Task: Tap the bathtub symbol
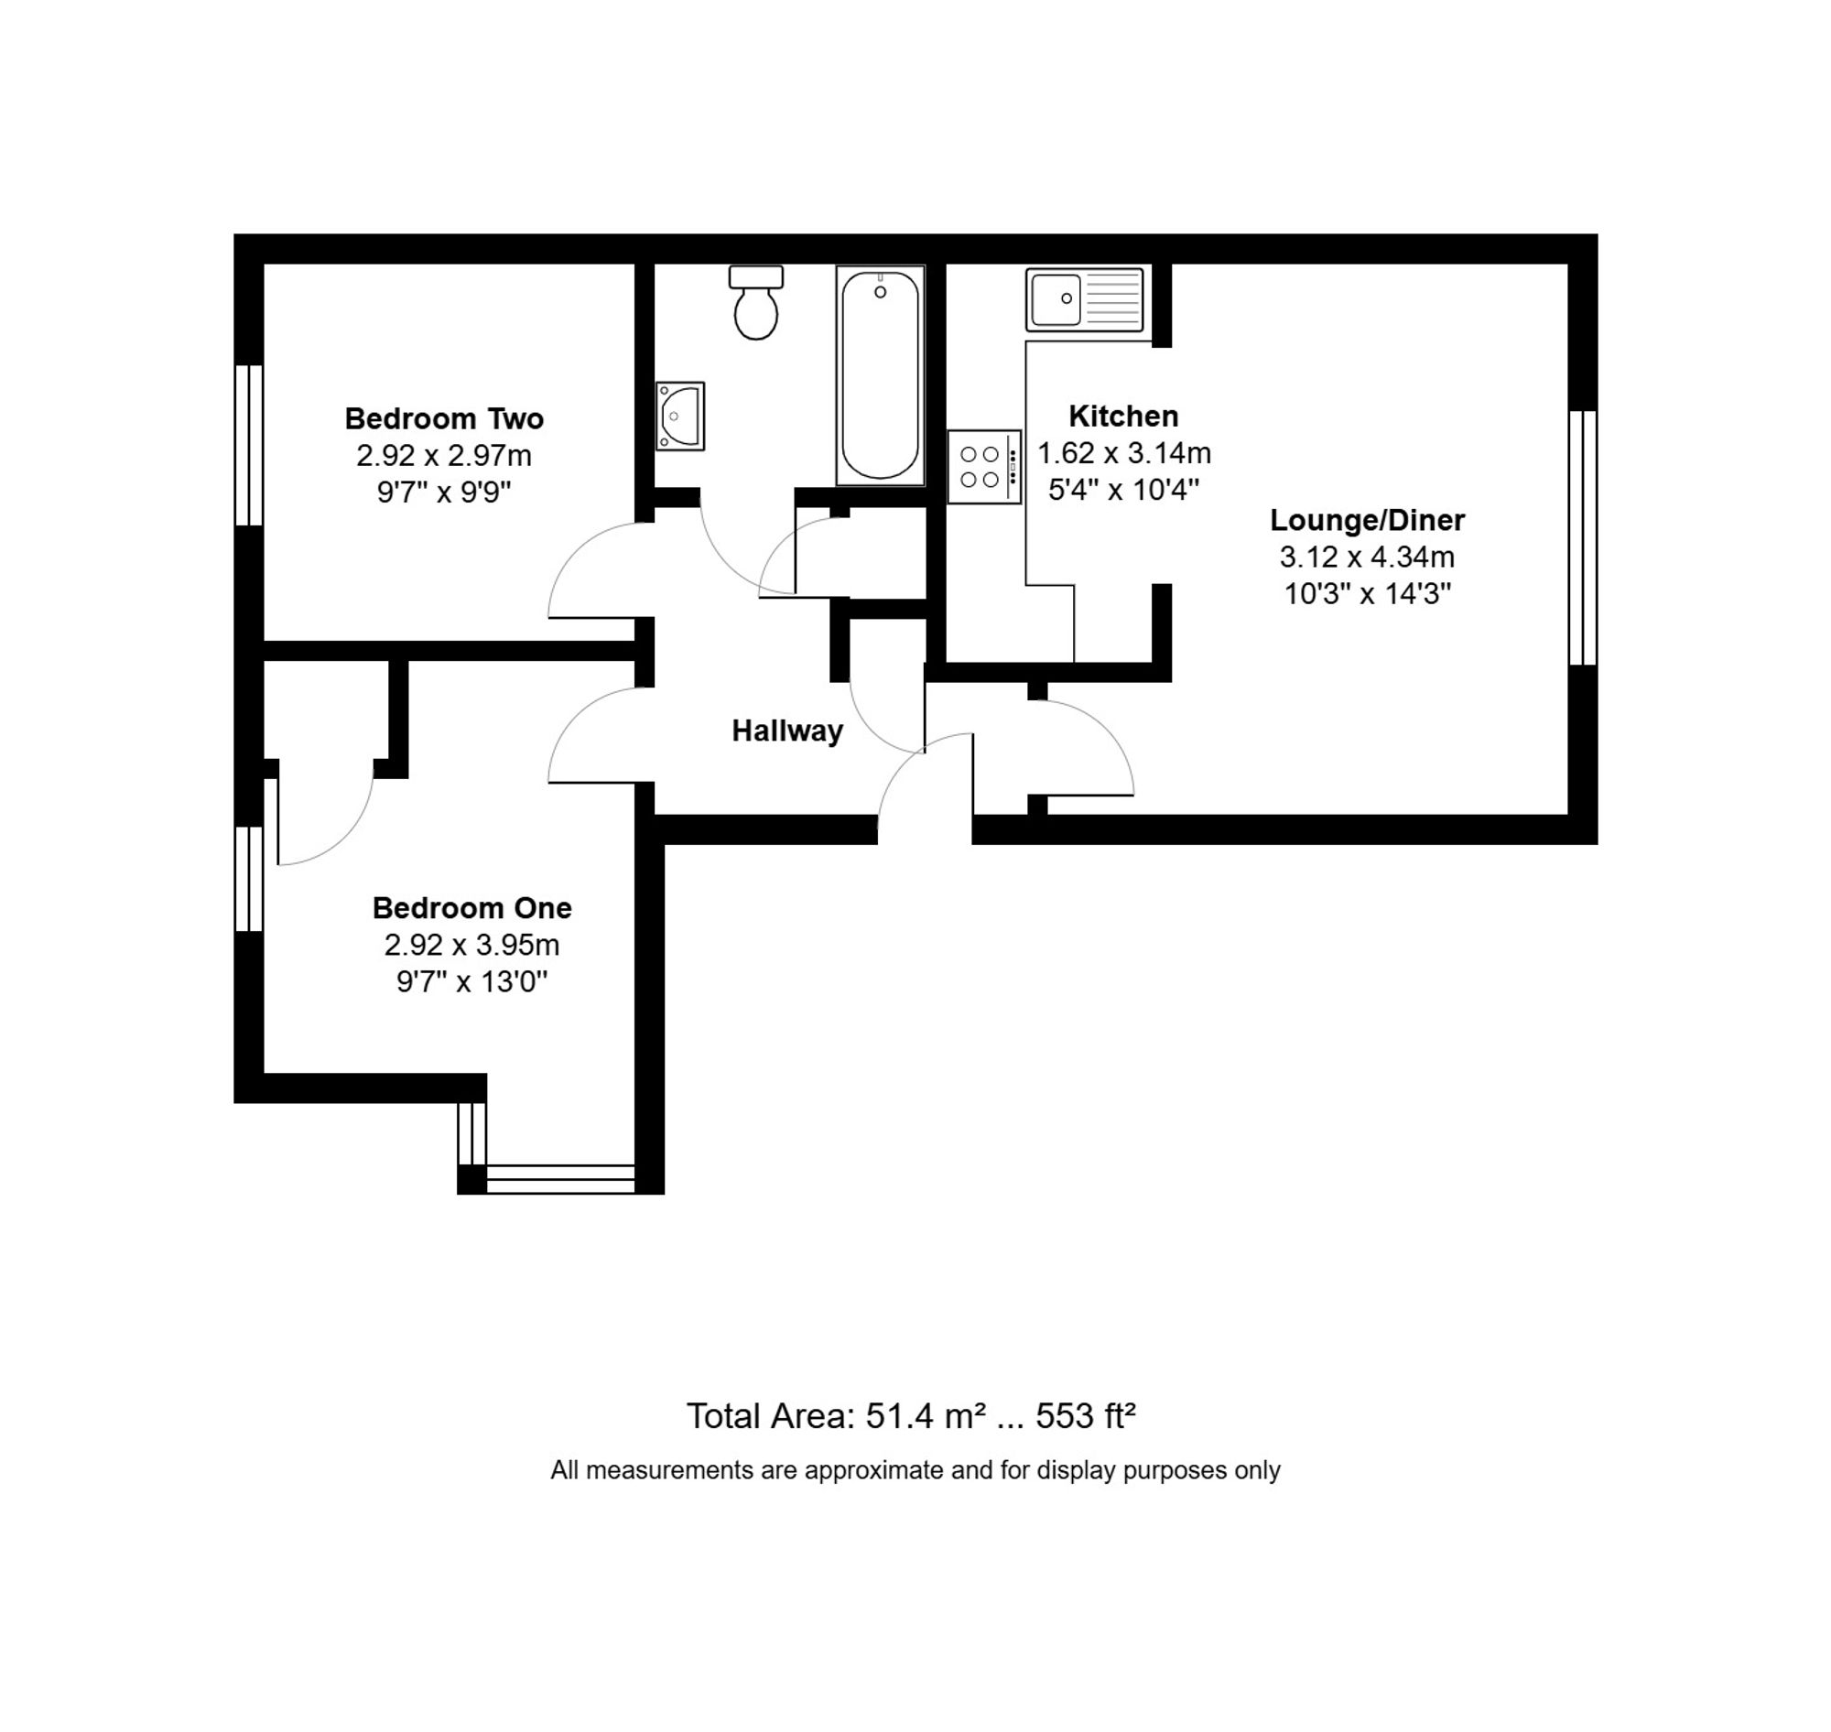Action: [880, 374]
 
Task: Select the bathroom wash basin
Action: [680, 417]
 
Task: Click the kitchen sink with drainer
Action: [1084, 299]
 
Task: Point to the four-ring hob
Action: [983, 467]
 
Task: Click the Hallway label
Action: [786, 731]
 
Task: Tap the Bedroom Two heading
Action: [444, 418]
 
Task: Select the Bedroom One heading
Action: [471, 907]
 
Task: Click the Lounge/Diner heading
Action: [1367, 520]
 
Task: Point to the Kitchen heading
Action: [1122, 417]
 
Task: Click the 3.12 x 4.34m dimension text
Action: [1367, 557]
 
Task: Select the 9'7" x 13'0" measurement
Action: [471, 981]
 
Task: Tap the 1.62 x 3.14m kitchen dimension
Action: [1122, 453]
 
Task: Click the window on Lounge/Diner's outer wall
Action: [1583, 537]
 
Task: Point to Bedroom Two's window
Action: [249, 445]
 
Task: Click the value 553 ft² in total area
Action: [1085, 1415]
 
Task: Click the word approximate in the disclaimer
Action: [874, 1470]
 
